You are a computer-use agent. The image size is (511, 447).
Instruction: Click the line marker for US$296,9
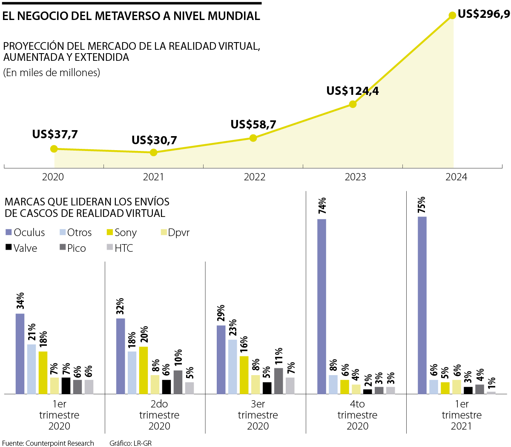[453, 16]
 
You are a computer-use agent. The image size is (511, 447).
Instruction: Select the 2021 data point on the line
[154, 152]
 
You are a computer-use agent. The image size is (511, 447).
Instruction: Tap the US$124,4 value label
[352, 91]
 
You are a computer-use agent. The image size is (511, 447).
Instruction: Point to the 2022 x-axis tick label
[254, 177]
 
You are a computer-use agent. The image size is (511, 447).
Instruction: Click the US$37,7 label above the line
[55, 134]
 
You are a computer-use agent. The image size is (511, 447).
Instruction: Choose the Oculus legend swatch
[9, 232]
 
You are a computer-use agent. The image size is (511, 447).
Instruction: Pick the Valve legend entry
[21, 248]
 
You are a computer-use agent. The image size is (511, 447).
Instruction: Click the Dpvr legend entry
[175, 232]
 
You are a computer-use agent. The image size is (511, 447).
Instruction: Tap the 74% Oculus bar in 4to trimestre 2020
[322, 306]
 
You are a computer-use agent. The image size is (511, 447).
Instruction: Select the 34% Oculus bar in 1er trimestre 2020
[20, 353]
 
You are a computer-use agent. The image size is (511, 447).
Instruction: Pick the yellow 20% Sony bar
[144, 370]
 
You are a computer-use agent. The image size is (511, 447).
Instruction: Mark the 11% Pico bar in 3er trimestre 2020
[278, 381]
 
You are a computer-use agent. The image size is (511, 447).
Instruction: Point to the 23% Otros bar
[233, 367]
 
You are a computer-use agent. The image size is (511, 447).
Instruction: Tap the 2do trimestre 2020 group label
[159, 415]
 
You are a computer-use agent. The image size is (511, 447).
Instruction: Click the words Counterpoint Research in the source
[60, 443]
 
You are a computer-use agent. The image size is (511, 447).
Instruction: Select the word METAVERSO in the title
[127, 16]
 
